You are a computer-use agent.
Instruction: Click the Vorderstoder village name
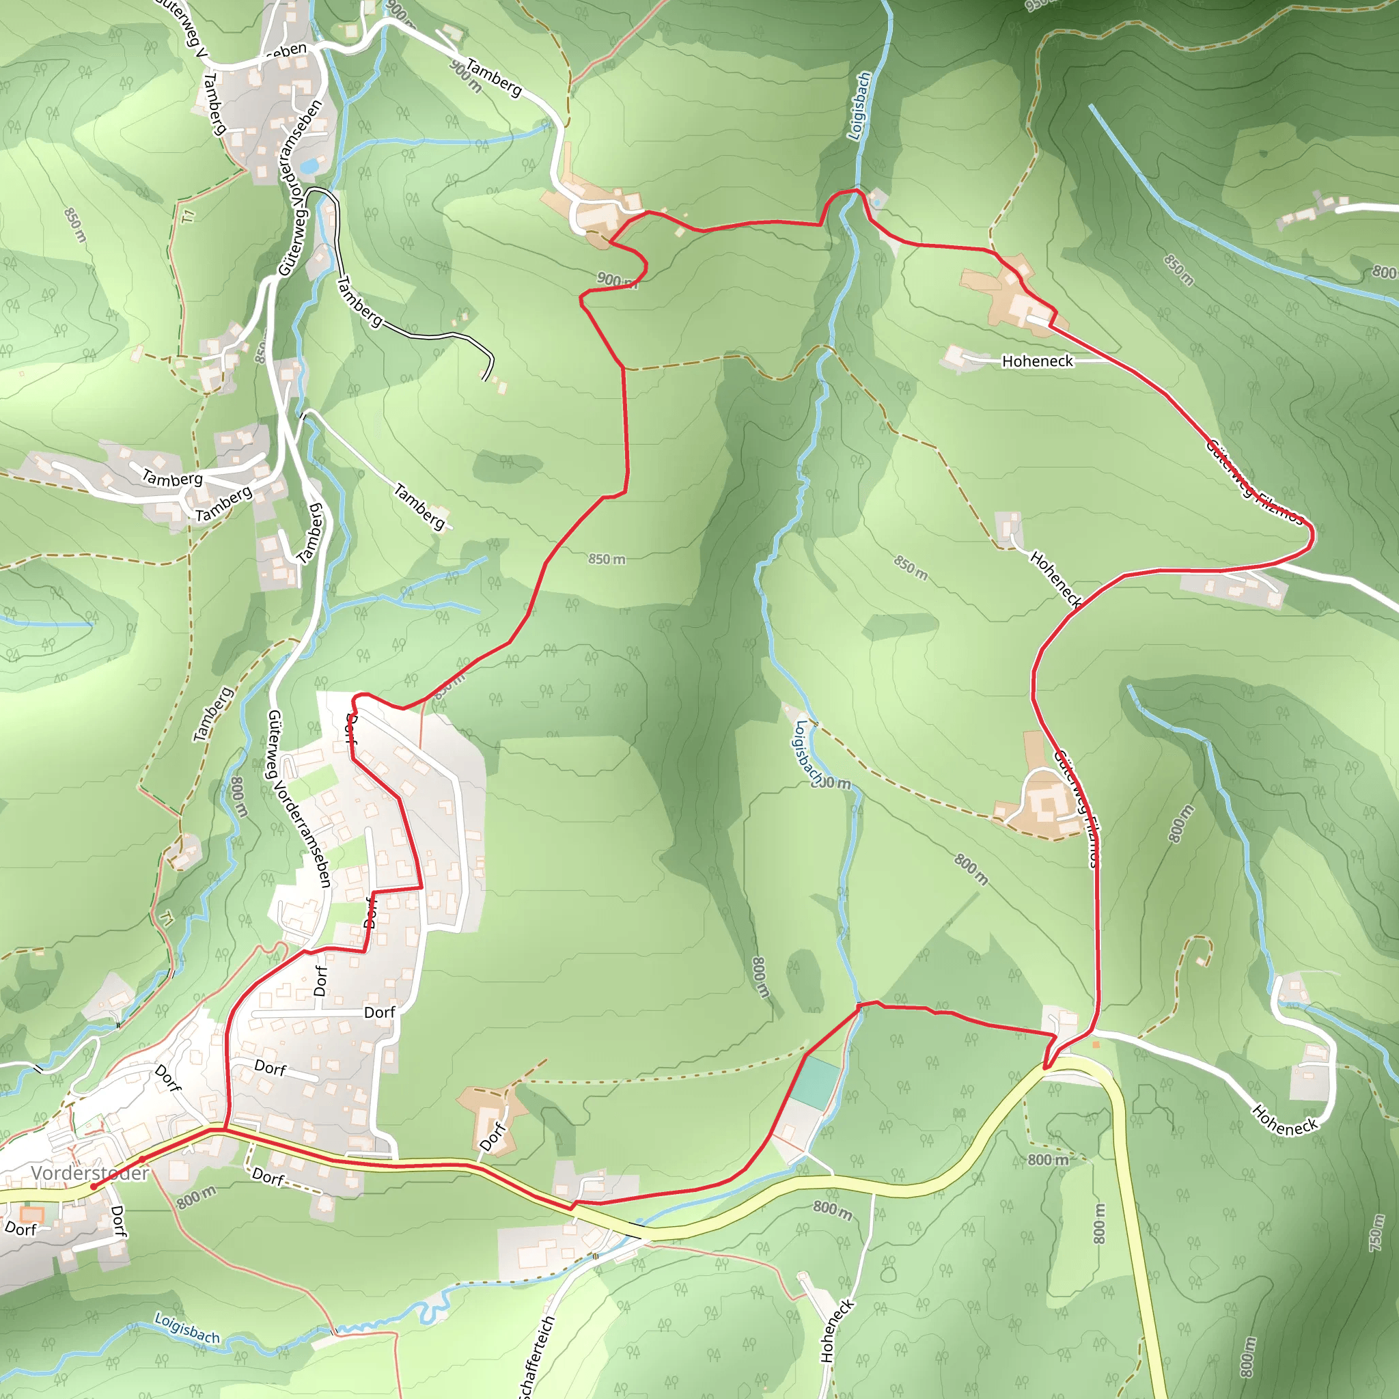pos(89,1172)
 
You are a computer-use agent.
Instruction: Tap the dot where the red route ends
pos(94,1186)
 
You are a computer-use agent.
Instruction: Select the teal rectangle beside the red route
pos(814,1083)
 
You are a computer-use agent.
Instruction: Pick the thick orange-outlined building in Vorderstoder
pos(32,1215)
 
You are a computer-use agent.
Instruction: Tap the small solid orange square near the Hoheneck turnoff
pos(1096,1044)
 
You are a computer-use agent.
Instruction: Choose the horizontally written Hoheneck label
pos(1037,361)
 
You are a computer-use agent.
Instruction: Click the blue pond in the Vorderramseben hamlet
pos(310,166)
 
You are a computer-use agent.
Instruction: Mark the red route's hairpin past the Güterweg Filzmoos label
pos(1312,536)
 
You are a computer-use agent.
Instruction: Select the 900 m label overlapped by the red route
pos(617,280)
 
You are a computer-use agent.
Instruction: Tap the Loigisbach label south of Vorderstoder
pos(186,1328)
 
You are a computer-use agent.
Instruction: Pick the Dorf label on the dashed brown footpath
pos(268,1178)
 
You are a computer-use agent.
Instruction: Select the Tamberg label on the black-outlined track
pos(360,301)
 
